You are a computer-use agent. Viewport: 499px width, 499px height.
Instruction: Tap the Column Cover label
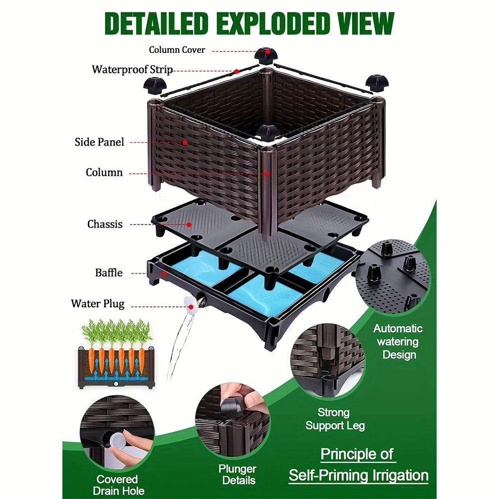(x=177, y=50)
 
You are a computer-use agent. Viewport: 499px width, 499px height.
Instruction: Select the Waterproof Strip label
(x=132, y=69)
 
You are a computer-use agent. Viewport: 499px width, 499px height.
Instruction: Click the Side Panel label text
(x=99, y=142)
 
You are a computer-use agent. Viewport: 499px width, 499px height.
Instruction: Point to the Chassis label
(x=105, y=224)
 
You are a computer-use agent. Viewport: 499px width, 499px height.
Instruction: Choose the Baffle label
(x=109, y=272)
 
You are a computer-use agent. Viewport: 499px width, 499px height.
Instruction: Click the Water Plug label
(x=98, y=303)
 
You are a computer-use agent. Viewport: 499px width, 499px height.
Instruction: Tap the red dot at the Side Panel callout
(x=185, y=142)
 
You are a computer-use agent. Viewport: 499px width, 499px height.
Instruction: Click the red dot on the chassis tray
(x=189, y=225)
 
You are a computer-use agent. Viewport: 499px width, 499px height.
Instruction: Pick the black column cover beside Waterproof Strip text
(x=155, y=84)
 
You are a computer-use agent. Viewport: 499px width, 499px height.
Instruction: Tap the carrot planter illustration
(x=116, y=355)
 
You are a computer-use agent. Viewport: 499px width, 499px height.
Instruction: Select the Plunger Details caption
(x=237, y=475)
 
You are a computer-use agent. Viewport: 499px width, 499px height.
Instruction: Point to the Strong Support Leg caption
(x=335, y=419)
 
